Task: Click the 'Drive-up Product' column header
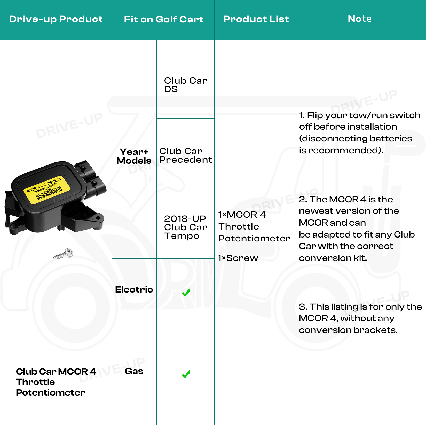click(x=56, y=19)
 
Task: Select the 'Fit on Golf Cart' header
click(x=163, y=20)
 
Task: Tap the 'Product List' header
click(x=256, y=19)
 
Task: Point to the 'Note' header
click(x=360, y=19)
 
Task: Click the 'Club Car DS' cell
click(x=185, y=85)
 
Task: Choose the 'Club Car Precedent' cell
click(x=185, y=155)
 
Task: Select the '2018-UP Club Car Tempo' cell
click(x=185, y=227)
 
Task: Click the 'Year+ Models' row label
click(x=134, y=156)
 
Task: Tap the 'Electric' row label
click(x=134, y=290)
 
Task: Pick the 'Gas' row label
click(x=134, y=371)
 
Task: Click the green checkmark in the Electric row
click(x=186, y=293)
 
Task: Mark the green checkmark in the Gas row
click(x=186, y=374)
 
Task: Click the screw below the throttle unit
click(x=64, y=254)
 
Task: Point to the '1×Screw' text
click(x=238, y=258)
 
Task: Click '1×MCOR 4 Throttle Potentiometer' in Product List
click(x=254, y=226)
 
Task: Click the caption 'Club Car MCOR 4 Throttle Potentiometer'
click(x=56, y=382)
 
